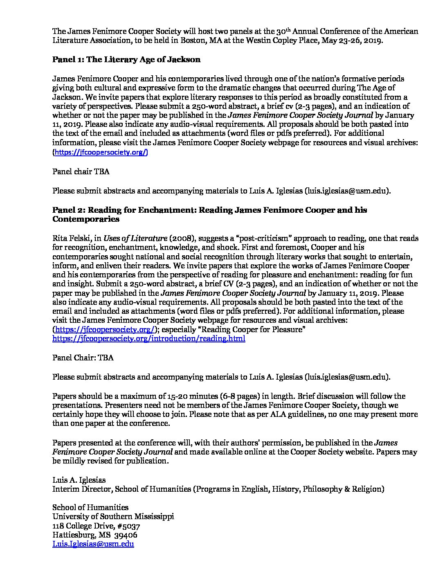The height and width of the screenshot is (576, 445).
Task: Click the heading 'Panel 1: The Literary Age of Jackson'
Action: tap(126, 60)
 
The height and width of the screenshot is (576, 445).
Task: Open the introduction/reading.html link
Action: tap(149, 338)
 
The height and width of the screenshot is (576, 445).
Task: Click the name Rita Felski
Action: tap(69, 239)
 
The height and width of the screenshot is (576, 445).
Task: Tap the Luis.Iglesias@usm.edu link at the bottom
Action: tap(93, 544)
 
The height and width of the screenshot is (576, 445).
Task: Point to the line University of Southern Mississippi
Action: tap(113, 516)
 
